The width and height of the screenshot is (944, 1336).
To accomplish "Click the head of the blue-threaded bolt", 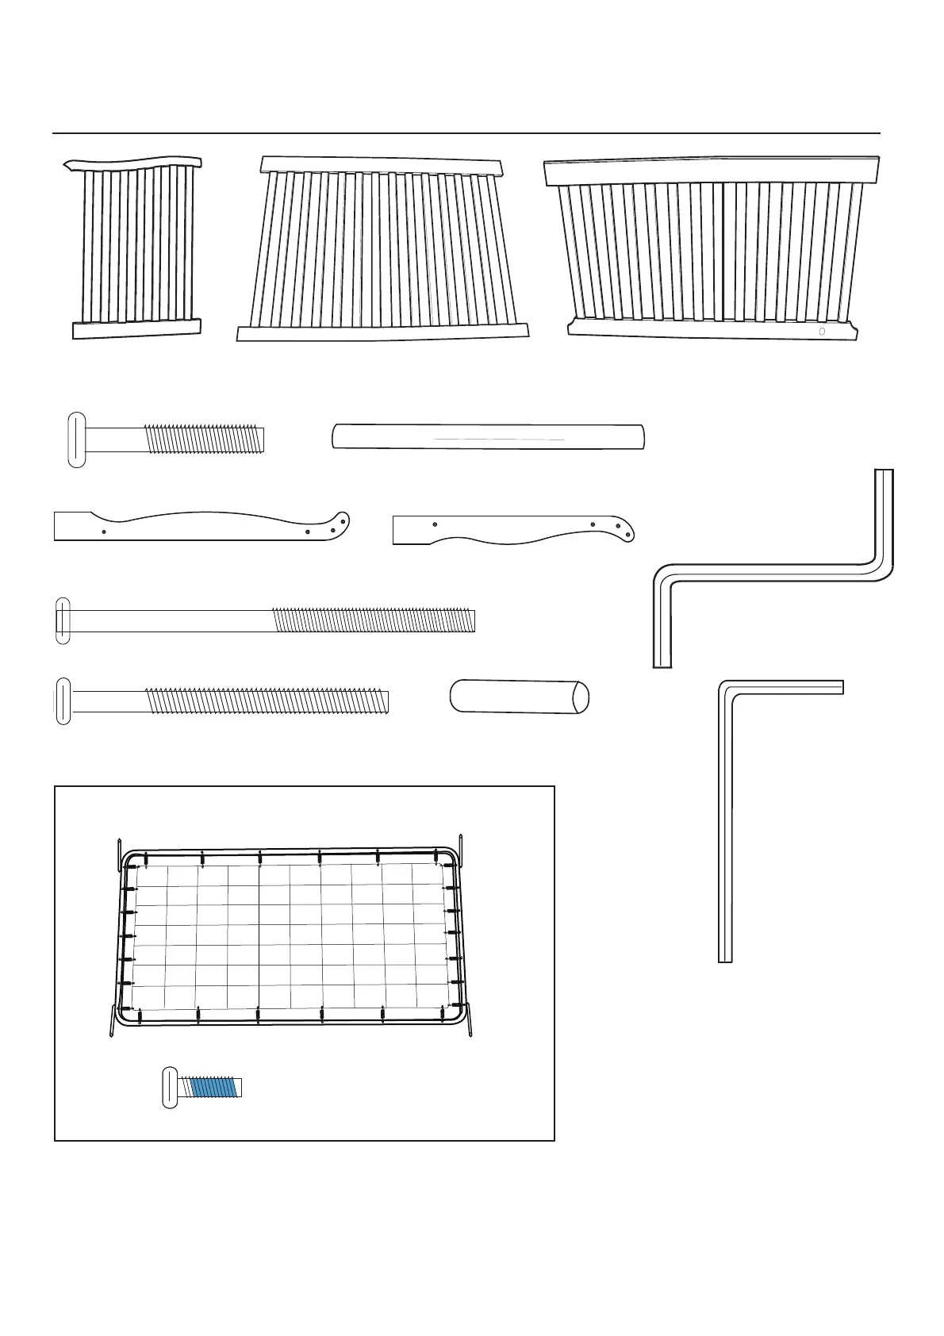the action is click(170, 1087).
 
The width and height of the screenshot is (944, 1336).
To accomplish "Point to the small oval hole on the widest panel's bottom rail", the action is click(822, 331).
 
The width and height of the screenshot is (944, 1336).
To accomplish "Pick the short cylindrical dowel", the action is click(516, 697).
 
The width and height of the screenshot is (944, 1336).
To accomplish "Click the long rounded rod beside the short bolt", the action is click(488, 437).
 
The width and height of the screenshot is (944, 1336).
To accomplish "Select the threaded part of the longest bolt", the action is click(373, 620).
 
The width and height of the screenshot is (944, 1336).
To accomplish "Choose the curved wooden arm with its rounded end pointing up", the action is click(202, 526).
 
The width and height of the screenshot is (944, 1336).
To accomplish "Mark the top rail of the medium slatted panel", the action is click(382, 165).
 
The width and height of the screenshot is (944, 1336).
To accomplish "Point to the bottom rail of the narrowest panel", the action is click(136, 329).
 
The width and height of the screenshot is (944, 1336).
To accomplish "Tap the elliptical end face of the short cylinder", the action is click(580, 697).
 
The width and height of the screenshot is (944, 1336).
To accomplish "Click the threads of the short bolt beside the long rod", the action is click(204, 440).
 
